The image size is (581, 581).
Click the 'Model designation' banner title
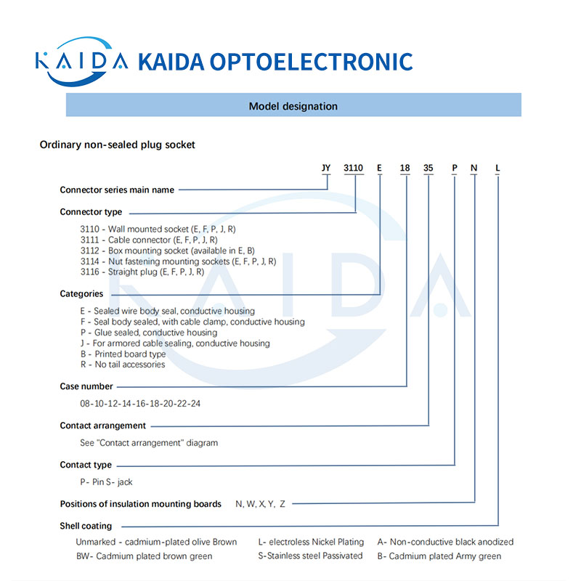pos(293,106)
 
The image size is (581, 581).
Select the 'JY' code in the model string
pos(326,168)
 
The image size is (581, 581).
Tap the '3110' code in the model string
pos(353,168)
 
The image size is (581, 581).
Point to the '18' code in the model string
pos(405,168)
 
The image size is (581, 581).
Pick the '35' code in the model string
pos(428,168)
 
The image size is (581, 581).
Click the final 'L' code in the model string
pos(497,168)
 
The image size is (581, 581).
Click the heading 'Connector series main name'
pos(117,190)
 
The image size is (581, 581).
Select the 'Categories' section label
pos(81,294)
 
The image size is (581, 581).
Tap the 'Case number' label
pos(86,386)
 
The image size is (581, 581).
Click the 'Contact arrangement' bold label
pos(102,426)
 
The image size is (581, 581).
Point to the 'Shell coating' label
pos(86,526)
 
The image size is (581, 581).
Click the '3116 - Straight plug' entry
pos(142,272)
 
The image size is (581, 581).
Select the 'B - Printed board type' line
pos(123,354)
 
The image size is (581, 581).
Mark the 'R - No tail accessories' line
pos(122,365)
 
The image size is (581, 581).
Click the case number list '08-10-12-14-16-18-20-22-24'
pos(140,403)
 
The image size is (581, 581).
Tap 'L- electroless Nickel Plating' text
pos(311,542)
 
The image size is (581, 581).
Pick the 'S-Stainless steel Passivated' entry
pos(310,556)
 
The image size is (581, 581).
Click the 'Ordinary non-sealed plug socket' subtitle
pos(117,145)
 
